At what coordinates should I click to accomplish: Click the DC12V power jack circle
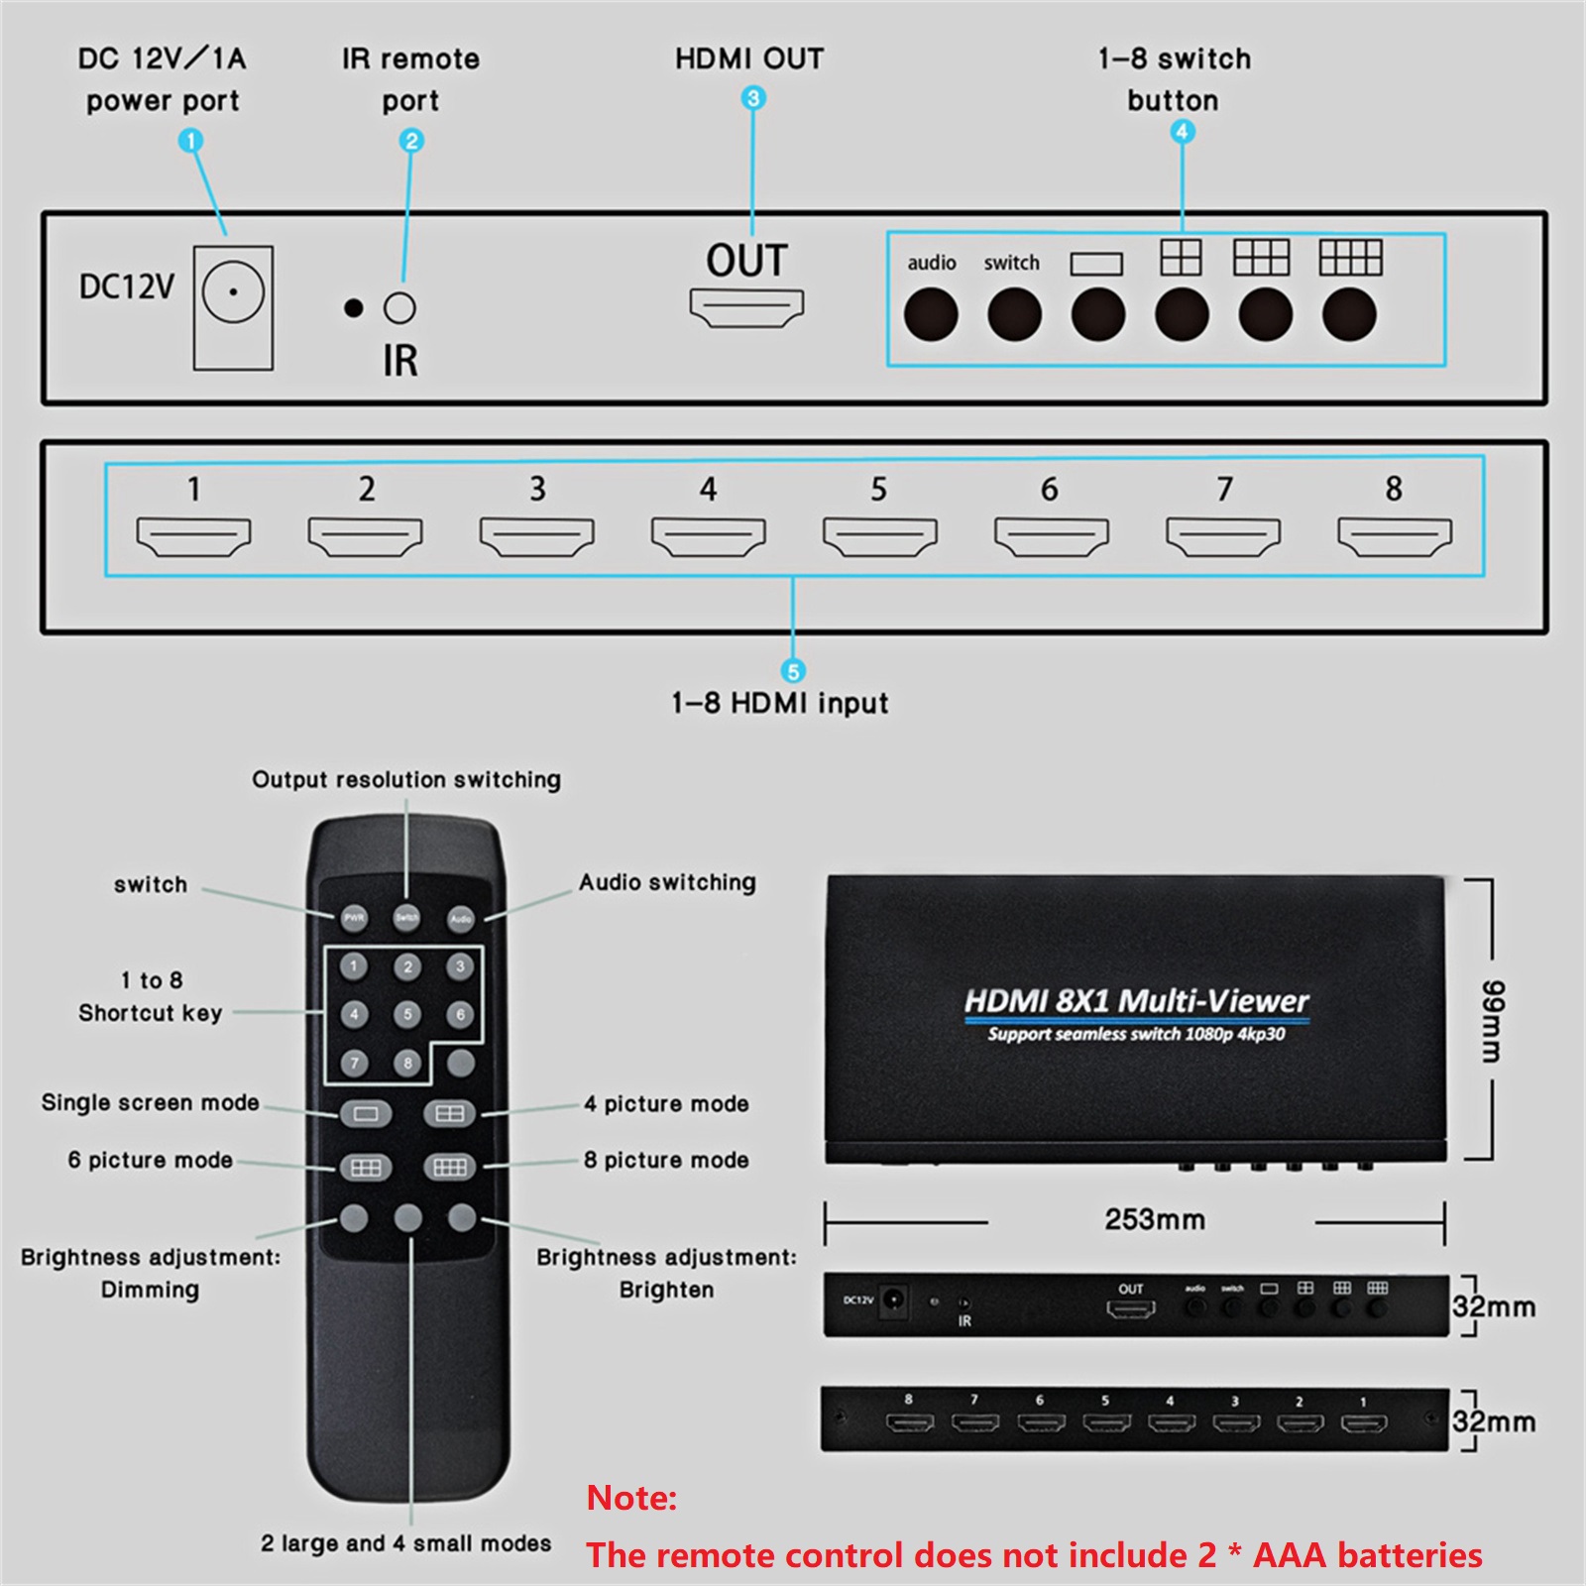pyautogui.click(x=233, y=292)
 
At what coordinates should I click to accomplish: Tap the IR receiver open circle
pyautogui.click(x=399, y=308)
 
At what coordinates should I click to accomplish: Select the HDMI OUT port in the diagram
pyautogui.click(x=746, y=307)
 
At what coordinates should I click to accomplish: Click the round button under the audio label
pyautogui.click(x=931, y=315)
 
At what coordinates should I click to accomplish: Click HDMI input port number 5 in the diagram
pyautogui.click(x=879, y=536)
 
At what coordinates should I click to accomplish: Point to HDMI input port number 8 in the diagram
pyautogui.click(x=1394, y=536)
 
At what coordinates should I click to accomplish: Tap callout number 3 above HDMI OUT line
pyautogui.click(x=753, y=98)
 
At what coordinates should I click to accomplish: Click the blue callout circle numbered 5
pyautogui.click(x=792, y=671)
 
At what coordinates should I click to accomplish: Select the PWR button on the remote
pyautogui.click(x=354, y=918)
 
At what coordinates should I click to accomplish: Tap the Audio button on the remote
pyautogui.click(x=461, y=919)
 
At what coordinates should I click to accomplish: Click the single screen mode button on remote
pyautogui.click(x=366, y=1114)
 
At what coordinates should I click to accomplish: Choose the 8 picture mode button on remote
pyautogui.click(x=449, y=1168)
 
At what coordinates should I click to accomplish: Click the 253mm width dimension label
pyautogui.click(x=1155, y=1219)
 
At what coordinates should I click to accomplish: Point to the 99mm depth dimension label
pyautogui.click(x=1493, y=1021)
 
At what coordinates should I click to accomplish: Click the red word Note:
pyautogui.click(x=631, y=1498)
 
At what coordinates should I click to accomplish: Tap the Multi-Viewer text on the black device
pyautogui.click(x=1213, y=1001)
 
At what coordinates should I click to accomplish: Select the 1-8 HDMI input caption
pyautogui.click(x=779, y=704)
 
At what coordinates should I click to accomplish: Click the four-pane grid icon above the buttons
pyautogui.click(x=1181, y=258)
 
